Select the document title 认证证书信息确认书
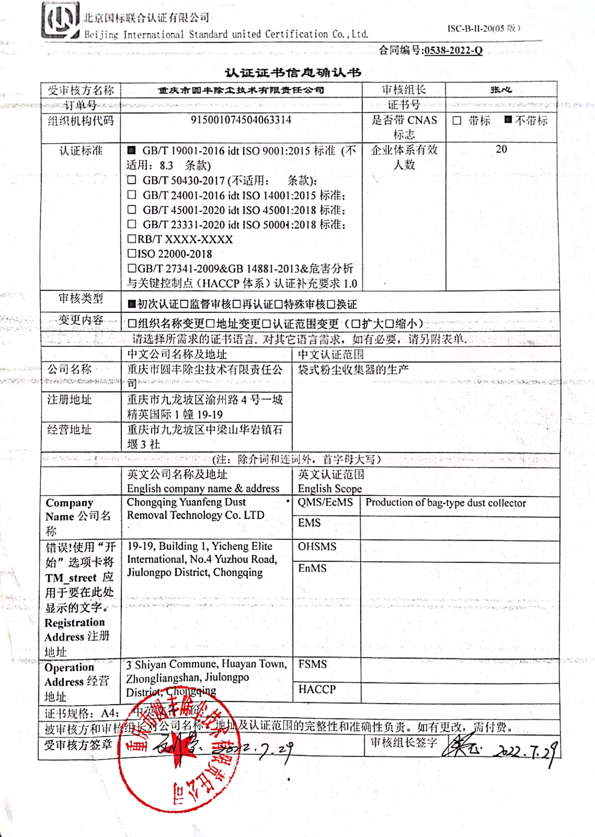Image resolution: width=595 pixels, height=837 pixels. tap(293, 73)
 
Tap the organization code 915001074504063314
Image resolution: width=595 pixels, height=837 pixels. tap(241, 120)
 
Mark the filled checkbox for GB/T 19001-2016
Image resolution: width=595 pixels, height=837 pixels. tap(131, 150)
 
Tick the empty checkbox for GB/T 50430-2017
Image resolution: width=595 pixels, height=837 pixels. tap(131, 180)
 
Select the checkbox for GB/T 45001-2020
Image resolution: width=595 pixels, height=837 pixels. tap(131, 209)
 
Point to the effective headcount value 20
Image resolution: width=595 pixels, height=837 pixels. tap(501, 149)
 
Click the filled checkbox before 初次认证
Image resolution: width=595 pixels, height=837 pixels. tap(131, 304)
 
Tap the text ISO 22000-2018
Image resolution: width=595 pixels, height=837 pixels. tap(174, 254)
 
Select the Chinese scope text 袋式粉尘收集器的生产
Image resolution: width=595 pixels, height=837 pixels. tap(353, 369)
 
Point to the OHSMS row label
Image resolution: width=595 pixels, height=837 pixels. tap(317, 546)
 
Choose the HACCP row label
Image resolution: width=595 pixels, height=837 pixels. tap(317, 689)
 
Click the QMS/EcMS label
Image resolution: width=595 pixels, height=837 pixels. tap(325, 502)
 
